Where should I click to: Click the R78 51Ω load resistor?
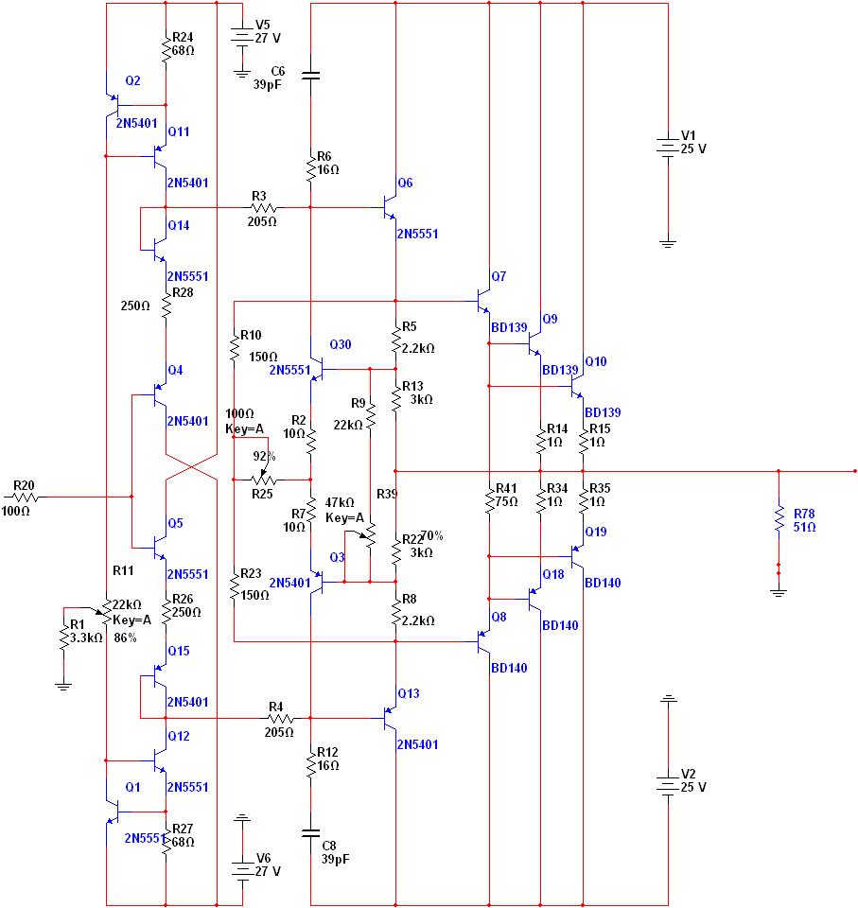[x=778, y=517]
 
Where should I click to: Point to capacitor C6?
[x=310, y=75]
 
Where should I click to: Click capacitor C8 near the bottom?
[x=310, y=832]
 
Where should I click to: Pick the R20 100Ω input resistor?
[x=25, y=496]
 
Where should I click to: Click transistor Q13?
[x=389, y=719]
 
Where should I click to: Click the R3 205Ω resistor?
[x=261, y=207]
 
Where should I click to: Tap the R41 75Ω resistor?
[x=489, y=498]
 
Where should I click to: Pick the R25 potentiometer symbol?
[x=264, y=480]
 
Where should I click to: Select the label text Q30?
[x=340, y=343]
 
